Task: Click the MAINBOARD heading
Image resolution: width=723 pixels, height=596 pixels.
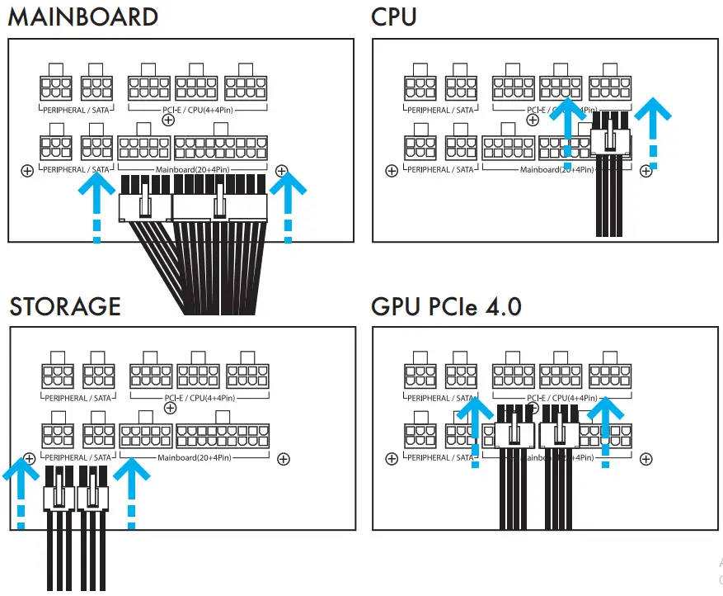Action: [x=82, y=17]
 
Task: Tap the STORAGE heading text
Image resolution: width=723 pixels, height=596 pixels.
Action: [x=65, y=306]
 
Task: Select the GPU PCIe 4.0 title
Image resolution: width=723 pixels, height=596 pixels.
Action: [x=446, y=306]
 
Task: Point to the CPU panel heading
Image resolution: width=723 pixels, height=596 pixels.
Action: [x=394, y=17]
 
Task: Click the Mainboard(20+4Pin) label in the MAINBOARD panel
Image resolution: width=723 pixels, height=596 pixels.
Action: [x=194, y=170]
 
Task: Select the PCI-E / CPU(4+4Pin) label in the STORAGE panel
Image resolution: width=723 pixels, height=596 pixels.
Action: [x=200, y=398]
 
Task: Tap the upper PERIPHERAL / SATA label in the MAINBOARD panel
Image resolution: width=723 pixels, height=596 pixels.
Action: [x=76, y=110]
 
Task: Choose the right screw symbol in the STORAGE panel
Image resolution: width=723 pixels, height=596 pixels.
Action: [x=283, y=458]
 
